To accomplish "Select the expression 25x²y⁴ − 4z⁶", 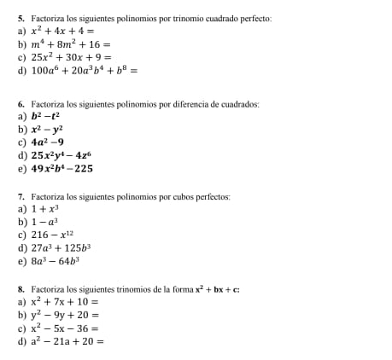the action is tap(61, 155).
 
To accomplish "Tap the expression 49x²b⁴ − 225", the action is tap(62, 169).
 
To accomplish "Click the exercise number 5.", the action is tap(20, 18).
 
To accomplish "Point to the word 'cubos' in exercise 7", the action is tap(178, 196).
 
